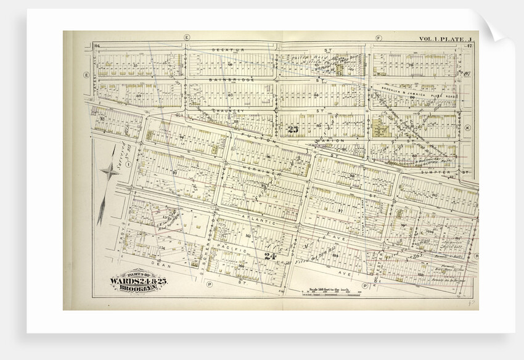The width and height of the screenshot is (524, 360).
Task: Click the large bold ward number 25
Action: click(293, 129)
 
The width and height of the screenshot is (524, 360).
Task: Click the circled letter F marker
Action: click(377, 38)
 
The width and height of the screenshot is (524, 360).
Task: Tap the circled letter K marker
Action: click(467, 128)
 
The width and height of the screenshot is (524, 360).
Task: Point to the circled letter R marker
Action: click(476, 254)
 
